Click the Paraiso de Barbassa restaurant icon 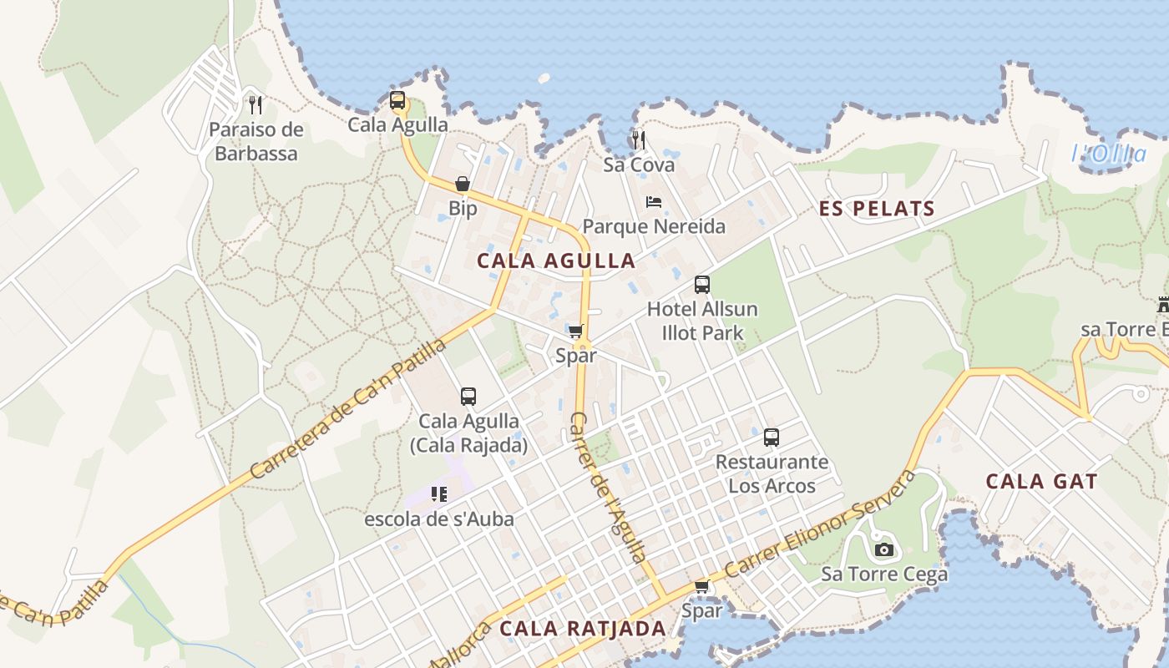(256, 105)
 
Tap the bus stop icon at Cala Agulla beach (397, 101)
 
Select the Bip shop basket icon (463, 184)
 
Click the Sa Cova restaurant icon (639, 139)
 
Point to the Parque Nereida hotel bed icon (654, 202)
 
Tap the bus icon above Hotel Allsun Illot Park (702, 285)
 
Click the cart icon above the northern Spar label (576, 331)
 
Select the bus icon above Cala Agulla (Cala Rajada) (468, 397)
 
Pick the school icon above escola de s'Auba (439, 494)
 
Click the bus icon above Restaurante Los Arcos (772, 438)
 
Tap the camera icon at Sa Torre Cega (884, 549)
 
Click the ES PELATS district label (877, 209)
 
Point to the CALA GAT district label (1041, 482)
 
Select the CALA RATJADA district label (583, 629)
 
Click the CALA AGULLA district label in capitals (556, 261)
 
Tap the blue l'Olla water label (1109, 154)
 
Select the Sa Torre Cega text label (884, 574)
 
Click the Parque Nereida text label (654, 226)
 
